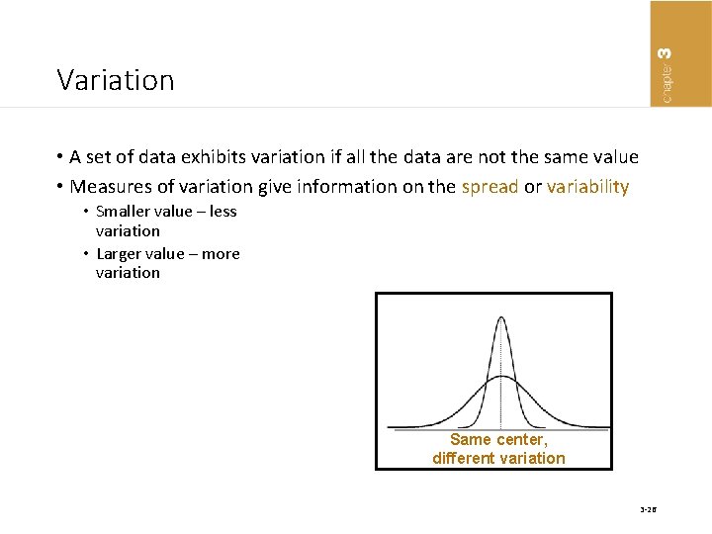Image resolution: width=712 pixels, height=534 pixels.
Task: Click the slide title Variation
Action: click(x=115, y=80)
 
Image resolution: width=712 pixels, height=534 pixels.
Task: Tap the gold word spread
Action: click(x=489, y=186)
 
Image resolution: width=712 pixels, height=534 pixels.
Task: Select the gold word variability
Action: click(x=587, y=186)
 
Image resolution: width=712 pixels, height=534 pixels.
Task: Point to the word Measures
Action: click(x=112, y=186)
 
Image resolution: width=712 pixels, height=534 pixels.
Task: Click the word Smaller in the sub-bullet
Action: click(x=126, y=212)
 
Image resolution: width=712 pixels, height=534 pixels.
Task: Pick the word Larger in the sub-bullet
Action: click(x=121, y=253)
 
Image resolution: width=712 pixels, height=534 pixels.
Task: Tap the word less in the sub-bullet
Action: click(x=222, y=212)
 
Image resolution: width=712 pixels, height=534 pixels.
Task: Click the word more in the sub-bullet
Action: click(x=221, y=253)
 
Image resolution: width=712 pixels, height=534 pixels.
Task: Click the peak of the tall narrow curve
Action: click(x=501, y=317)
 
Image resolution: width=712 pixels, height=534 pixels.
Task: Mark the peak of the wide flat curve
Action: click(x=501, y=377)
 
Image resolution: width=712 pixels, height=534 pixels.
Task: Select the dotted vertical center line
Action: click(x=501, y=405)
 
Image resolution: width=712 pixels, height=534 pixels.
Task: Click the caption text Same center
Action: click(x=498, y=439)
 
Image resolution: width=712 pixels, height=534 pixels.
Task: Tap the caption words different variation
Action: click(x=498, y=458)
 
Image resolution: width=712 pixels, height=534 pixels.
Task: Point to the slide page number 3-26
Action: click(x=648, y=510)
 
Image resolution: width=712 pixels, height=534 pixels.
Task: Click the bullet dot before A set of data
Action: click(x=60, y=157)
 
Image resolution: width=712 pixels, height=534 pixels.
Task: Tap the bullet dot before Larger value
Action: click(x=86, y=253)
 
